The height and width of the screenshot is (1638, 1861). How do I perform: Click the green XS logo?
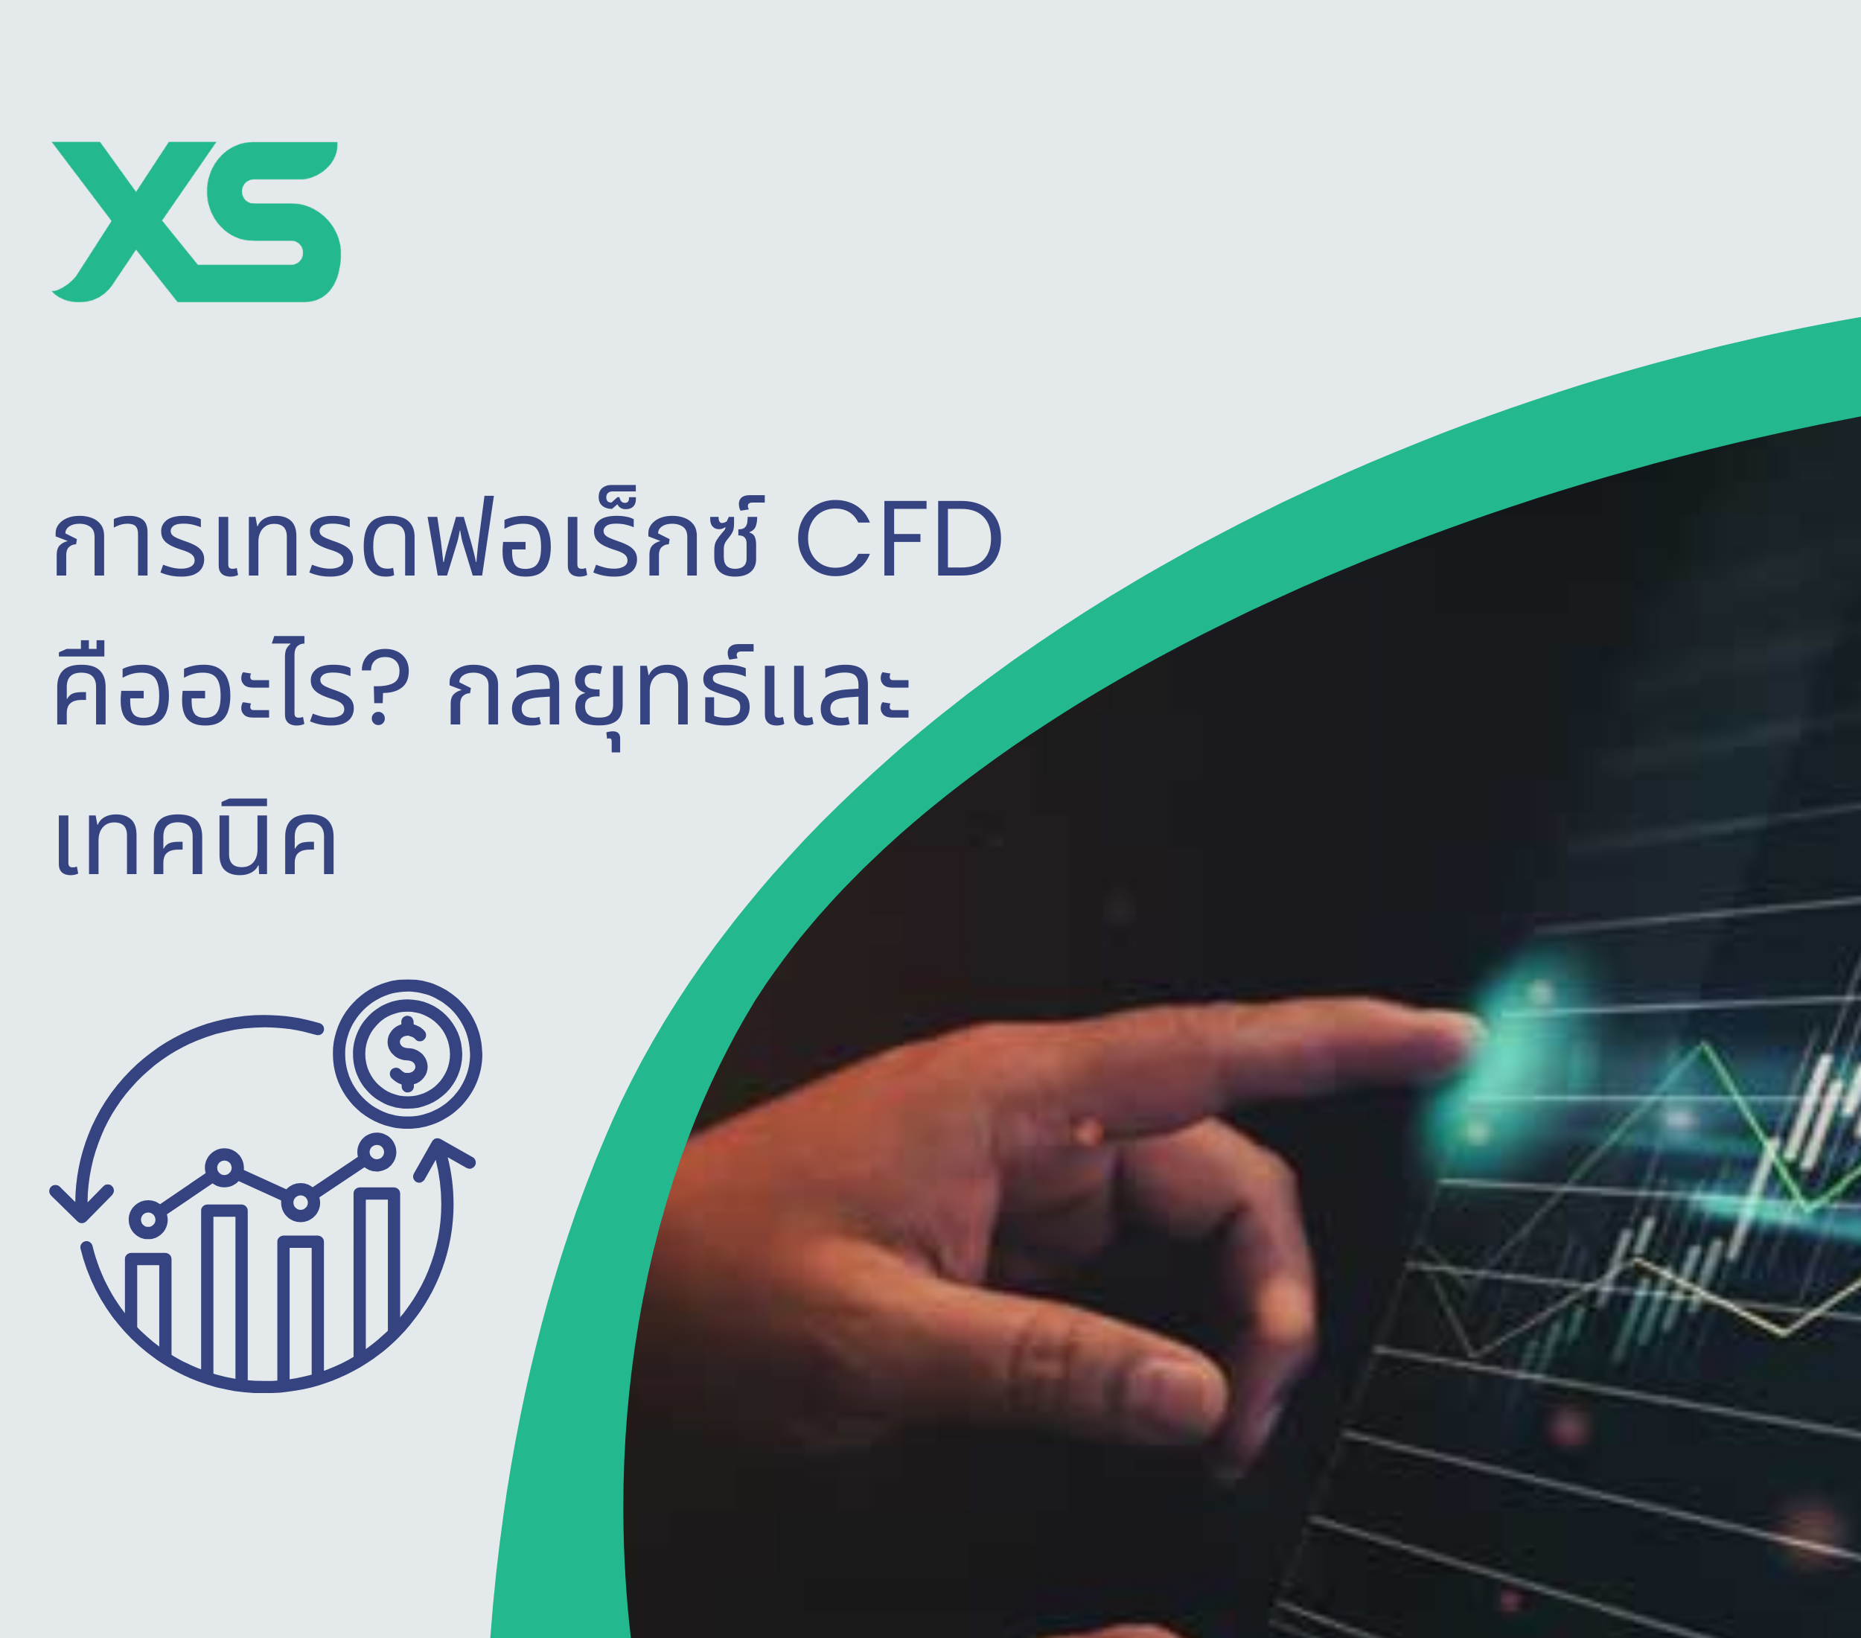pos(196,221)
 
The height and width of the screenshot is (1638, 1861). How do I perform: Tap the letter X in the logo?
pos(127,221)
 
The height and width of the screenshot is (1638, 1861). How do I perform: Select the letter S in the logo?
pos(273,221)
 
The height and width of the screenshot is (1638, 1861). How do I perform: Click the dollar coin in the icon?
pos(407,1054)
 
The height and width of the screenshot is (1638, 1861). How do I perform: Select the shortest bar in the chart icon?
pos(148,1302)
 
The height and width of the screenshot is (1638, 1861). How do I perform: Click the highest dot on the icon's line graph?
pos(376,1153)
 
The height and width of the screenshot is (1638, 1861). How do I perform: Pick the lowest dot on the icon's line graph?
pos(147,1218)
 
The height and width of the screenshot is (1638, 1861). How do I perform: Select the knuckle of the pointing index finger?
pos(1088,1134)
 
